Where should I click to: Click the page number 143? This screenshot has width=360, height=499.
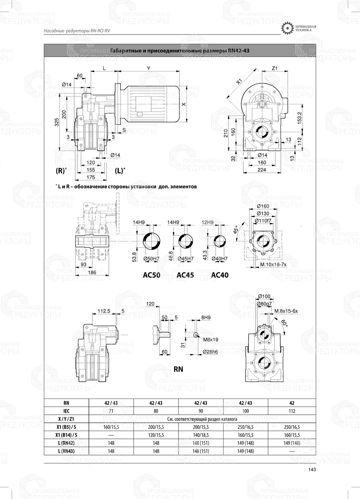coord(312,469)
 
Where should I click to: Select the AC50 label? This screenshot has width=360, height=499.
coord(152,275)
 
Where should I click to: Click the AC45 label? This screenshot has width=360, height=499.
coord(185,275)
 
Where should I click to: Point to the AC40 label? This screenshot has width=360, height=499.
coord(220,275)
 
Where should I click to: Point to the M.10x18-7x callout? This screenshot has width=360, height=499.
coord(273,265)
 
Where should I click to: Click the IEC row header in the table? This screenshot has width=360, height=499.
coord(66,411)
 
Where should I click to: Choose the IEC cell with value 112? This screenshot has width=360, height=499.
coord(292,411)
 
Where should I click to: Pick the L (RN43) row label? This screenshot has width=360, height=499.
coord(66,451)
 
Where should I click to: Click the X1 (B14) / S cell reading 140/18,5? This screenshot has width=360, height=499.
coord(201,435)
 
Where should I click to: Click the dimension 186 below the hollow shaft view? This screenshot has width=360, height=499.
coord(92,273)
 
